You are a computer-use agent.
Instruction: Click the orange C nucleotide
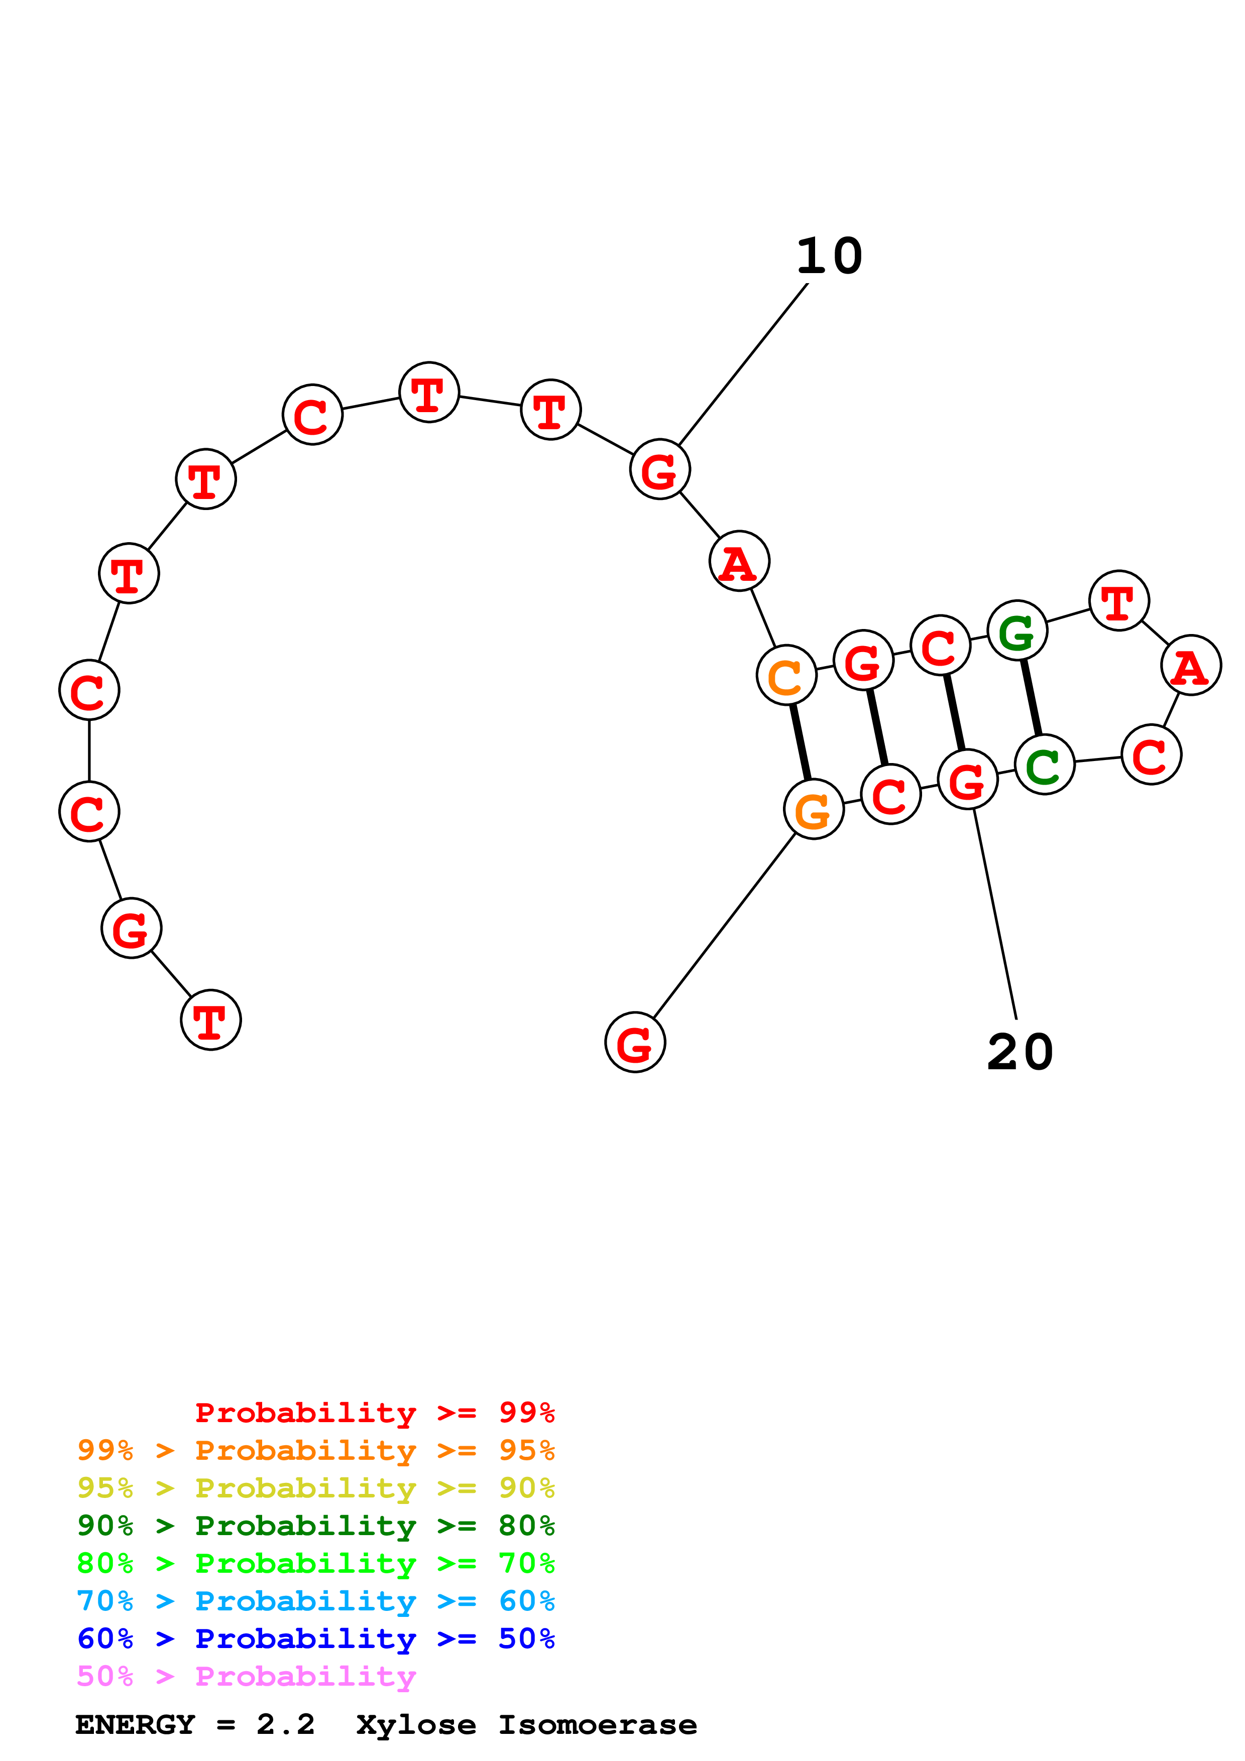click(786, 675)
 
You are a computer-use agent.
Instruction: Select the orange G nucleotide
click(814, 809)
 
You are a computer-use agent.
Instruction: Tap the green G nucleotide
click(1017, 631)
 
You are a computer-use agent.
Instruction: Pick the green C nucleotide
click(1044, 765)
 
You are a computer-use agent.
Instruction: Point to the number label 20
click(1020, 1052)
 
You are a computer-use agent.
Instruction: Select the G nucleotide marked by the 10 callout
click(660, 469)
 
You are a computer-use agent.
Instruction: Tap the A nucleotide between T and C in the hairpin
click(1191, 666)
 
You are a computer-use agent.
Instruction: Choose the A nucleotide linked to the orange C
click(739, 561)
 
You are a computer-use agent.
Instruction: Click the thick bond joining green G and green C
click(1031, 697)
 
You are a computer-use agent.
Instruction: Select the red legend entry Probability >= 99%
click(374, 1413)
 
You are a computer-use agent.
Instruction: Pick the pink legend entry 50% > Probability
click(246, 1677)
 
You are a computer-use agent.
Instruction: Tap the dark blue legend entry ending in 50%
click(315, 1639)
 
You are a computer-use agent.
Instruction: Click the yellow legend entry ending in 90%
click(315, 1488)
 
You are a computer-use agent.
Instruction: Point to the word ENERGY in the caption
click(135, 1725)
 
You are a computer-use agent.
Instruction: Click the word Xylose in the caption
click(416, 1725)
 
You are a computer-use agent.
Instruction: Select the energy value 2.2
click(285, 1725)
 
